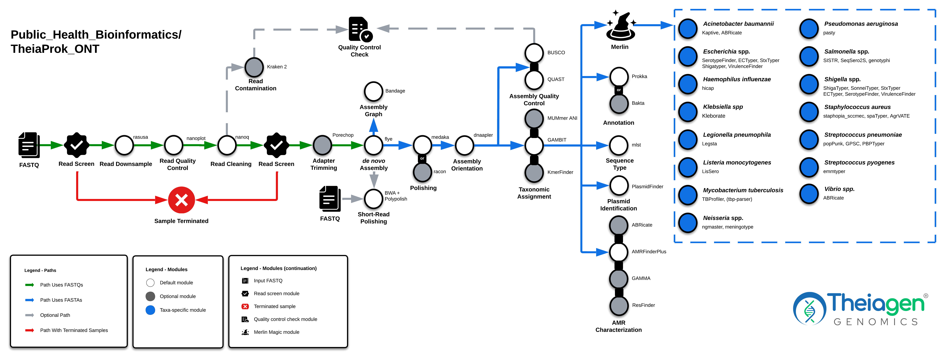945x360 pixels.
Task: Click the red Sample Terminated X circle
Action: (181, 200)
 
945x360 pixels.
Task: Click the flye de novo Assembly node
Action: (373, 145)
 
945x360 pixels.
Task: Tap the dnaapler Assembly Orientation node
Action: (464, 145)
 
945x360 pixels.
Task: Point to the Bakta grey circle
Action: (619, 104)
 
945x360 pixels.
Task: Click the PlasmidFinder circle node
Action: (619, 186)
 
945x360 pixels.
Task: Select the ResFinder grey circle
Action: (619, 305)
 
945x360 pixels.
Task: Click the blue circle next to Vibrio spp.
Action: (809, 193)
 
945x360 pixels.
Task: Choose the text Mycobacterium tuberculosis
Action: (743, 190)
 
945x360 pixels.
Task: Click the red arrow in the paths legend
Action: (29, 330)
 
